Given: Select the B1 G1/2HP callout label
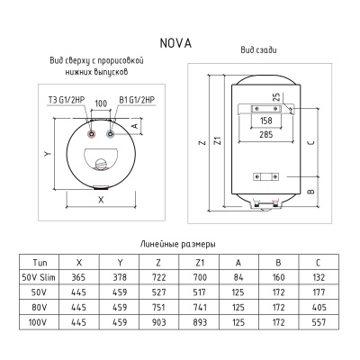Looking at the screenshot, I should [137, 100].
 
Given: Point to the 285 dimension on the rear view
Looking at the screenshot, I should [265, 135].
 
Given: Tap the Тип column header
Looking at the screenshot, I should [38, 261].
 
